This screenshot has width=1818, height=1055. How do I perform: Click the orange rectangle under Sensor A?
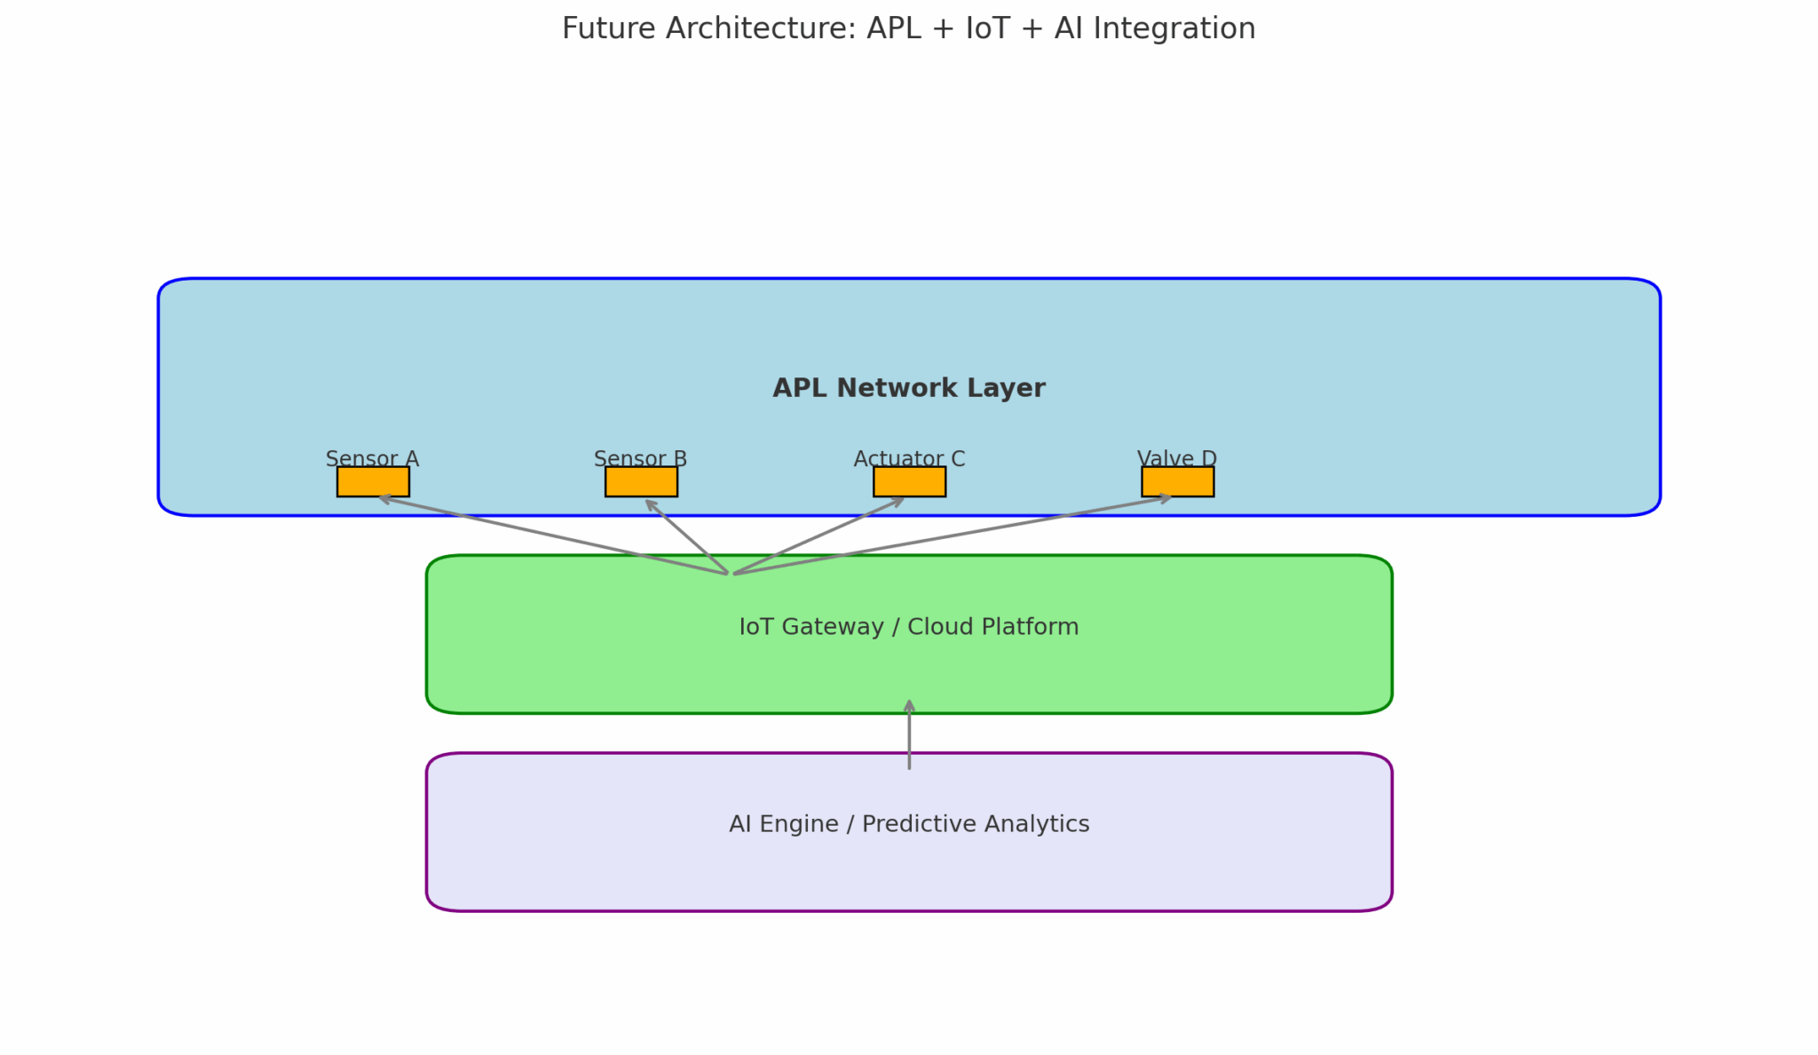373,481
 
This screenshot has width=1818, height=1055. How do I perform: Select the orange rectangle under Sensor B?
641,481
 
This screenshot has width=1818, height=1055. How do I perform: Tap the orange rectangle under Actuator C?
909,481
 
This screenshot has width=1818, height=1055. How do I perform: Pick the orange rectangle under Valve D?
1177,481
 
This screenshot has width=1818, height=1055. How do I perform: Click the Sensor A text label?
372,458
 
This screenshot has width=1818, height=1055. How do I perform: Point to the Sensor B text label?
640,458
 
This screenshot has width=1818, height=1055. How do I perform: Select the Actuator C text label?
909,458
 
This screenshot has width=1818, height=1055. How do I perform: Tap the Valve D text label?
1177,458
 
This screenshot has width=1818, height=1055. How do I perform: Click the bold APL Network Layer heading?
909,388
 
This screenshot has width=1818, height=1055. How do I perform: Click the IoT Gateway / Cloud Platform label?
909,627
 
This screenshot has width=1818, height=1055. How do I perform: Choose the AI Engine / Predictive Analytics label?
909,824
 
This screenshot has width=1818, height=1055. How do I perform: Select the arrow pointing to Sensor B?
686,536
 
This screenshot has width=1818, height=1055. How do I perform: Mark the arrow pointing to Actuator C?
818,536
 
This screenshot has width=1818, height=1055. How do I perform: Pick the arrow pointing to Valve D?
952,535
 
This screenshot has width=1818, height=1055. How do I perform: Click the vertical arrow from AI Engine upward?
909,734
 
